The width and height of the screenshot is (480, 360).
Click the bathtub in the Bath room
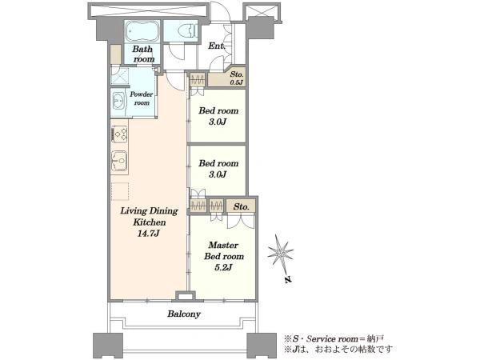pyautogui.click(x=142, y=31)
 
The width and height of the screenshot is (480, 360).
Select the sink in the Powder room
pyautogui.click(x=118, y=101)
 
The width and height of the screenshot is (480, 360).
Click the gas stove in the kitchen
pyautogui.click(x=119, y=134)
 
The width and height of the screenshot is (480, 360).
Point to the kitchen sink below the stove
pyautogui.click(x=119, y=161)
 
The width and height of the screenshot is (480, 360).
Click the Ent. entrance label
pyautogui.click(x=217, y=46)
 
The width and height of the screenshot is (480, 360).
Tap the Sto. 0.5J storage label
pyautogui.click(x=237, y=78)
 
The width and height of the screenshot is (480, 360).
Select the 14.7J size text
pyautogui.click(x=149, y=234)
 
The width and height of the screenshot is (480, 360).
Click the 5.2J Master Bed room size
pyautogui.click(x=223, y=267)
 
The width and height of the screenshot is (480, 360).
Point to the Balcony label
pyautogui.click(x=184, y=314)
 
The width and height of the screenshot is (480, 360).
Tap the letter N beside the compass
pyautogui.click(x=287, y=279)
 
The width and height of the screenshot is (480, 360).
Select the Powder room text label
pyautogui.click(x=142, y=98)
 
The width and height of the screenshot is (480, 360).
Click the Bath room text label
pyautogui.click(x=143, y=54)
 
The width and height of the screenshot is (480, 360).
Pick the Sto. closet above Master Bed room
pyautogui.click(x=241, y=206)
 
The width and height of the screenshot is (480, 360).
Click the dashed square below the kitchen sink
pyautogui.click(x=120, y=192)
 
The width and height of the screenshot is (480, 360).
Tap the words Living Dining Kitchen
pyautogui.click(x=149, y=217)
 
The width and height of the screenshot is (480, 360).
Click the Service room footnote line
pyautogui.click(x=334, y=339)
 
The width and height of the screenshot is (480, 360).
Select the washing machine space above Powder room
pyautogui.click(x=120, y=76)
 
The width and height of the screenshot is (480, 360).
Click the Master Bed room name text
pyautogui.click(x=224, y=250)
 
